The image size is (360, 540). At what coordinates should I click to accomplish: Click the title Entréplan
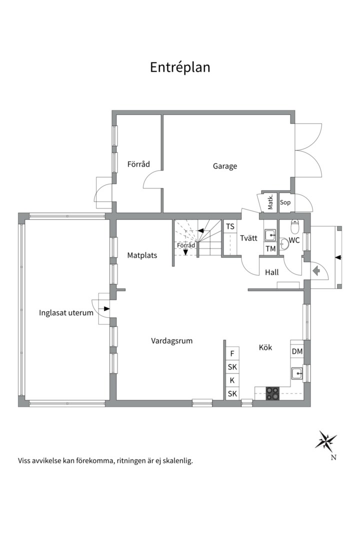pyautogui.click(x=180, y=67)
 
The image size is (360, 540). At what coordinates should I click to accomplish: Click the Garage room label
pyautogui.click(x=225, y=166)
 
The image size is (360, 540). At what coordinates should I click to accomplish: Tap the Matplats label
pyautogui.click(x=142, y=255)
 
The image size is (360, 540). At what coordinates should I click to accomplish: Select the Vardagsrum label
pyautogui.click(x=172, y=341)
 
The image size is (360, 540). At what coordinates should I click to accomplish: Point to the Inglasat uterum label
pyautogui.click(x=66, y=313)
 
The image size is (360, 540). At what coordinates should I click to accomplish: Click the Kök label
pyautogui.click(x=265, y=347)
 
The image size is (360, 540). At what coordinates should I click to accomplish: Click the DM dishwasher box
pyautogui.click(x=297, y=351)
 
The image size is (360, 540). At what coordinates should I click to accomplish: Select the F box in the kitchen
pyautogui.click(x=232, y=353)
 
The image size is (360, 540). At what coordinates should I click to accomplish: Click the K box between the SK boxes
pyautogui.click(x=232, y=380)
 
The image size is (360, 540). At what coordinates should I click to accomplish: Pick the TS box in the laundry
pyautogui.click(x=230, y=226)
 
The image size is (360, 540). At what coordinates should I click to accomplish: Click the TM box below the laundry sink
pyautogui.click(x=270, y=248)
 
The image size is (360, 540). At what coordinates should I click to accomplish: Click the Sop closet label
pyautogui.click(x=285, y=202)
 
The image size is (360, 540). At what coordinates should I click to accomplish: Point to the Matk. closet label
pyautogui.click(x=270, y=202)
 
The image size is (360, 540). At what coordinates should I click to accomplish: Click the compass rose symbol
pyautogui.click(x=325, y=440)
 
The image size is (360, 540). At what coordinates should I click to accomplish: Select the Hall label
pyautogui.click(x=272, y=272)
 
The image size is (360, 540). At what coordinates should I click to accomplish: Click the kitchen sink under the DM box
pyautogui.click(x=297, y=373)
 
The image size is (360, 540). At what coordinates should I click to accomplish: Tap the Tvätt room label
pyautogui.click(x=248, y=238)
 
